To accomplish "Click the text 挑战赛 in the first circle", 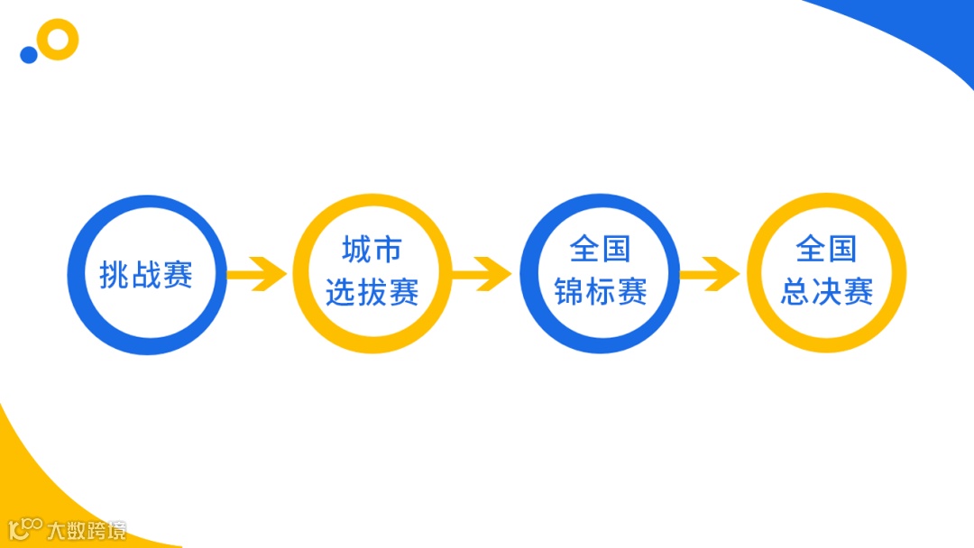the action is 146,275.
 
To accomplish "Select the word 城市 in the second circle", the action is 372,249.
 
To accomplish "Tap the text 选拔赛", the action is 372,292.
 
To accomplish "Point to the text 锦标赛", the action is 601,292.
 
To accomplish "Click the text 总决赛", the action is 827,292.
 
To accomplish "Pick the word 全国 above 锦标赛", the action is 601,249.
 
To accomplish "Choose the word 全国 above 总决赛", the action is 827,249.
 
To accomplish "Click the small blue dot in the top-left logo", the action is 29,55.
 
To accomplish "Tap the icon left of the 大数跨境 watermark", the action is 24,529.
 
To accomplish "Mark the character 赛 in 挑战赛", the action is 178,275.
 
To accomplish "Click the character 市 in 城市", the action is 388,249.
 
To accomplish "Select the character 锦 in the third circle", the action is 570,292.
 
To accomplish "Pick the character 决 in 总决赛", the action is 827,292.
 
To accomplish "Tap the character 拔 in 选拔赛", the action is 372,292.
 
